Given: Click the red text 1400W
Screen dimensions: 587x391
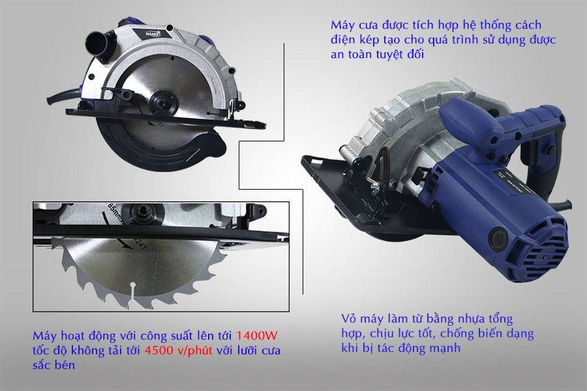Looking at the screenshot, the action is (x=257, y=335).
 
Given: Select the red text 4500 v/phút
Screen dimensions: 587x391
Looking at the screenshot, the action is (x=178, y=350).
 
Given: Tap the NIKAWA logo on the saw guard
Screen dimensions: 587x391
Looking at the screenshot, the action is (x=153, y=34).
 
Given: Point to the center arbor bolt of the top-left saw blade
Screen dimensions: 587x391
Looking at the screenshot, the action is (x=163, y=101).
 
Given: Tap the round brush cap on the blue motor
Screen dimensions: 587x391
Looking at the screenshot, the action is (x=498, y=238).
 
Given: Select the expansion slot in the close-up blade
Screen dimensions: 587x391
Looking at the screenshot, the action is (x=132, y=295).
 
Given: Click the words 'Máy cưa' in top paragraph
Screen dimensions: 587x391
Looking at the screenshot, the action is (x=355, y=25).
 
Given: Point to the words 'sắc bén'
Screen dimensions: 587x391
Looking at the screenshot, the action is (x=53, y=365).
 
